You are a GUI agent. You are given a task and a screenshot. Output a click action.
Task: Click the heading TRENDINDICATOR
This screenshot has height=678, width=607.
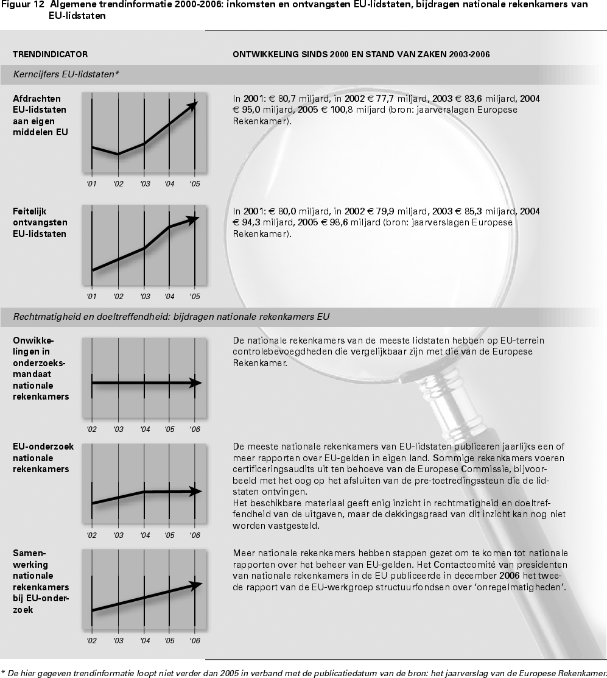[x=50, y=54]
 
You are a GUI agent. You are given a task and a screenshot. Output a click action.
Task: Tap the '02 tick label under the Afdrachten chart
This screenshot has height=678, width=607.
[x=118, y=184]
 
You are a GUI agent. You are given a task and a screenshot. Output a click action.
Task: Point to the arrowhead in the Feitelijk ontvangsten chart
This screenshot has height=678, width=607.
[x=194, y=219]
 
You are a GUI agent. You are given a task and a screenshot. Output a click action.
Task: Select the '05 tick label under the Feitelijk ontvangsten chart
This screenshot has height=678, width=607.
[x=195, y=297]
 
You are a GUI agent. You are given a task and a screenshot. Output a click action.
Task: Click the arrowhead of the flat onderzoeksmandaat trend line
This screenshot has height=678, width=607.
[x=196, y=383]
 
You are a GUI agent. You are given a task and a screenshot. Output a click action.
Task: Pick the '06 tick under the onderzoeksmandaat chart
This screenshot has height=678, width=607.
[x=195, y=429]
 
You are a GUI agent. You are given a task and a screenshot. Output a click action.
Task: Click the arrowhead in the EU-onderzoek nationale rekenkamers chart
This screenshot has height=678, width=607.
[x=196, y=491]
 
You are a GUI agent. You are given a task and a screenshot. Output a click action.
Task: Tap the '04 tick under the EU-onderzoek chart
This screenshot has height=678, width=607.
[x=145, y=535]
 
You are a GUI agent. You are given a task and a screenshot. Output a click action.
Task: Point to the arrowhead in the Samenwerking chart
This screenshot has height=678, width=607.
[x=196, y=585]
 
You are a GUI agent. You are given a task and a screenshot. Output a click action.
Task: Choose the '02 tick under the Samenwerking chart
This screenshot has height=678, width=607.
[x=91, y=641]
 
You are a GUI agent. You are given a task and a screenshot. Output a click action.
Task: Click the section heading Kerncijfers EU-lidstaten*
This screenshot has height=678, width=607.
[x=66, y=74]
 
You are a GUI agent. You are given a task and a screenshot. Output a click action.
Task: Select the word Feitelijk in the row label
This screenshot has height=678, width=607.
[x=29, y=211]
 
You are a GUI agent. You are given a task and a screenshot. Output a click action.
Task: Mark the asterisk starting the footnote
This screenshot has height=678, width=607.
[x=2, y=673]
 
